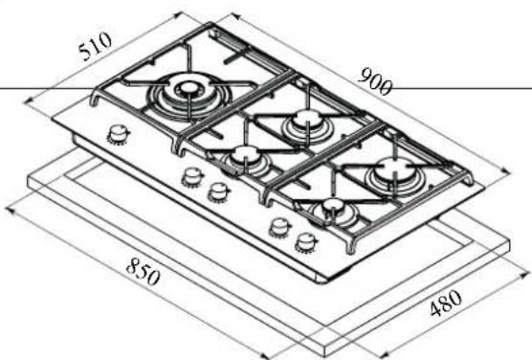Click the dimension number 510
point(95,47)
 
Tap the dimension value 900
point(374,81)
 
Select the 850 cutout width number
point(143,272)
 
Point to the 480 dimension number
point(446,303)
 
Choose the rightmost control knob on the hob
point(307,243)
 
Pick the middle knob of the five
point(219,192)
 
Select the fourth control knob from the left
point(280,228)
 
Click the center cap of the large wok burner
point(188,88)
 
